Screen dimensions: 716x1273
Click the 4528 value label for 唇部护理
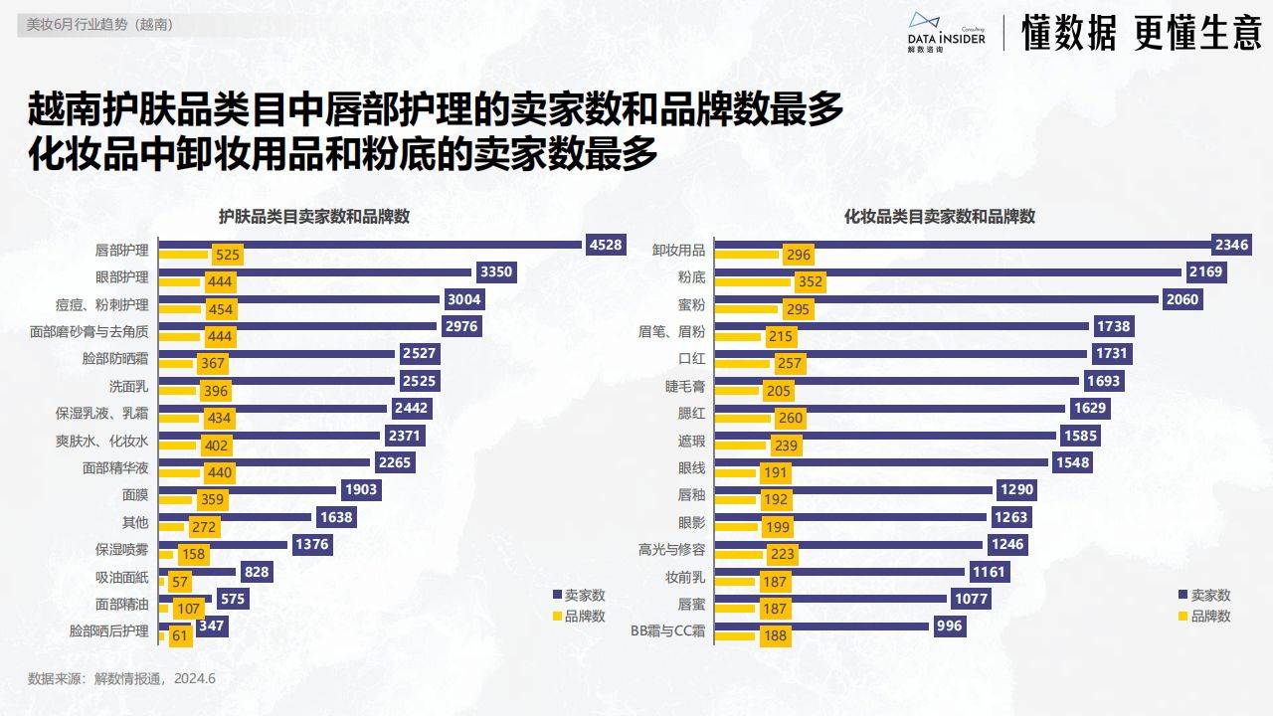[x=606, y=245]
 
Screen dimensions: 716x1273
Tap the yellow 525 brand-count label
[x=223, y=256]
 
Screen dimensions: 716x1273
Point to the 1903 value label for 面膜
[x=360, y=489]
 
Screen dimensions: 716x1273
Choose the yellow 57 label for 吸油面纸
[x=181, y=583]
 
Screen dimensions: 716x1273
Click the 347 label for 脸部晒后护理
[x=212, y=626]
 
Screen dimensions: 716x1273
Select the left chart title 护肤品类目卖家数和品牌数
[x=315, y=217]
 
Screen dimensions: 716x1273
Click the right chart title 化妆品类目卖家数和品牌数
[x=940, y=217]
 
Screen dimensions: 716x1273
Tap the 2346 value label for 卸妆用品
[x=1230, y=245]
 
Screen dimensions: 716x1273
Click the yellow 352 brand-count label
[x=811, y=282]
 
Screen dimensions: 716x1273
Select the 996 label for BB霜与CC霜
[x=950, y=626]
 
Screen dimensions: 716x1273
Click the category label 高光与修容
[x=671, y=548]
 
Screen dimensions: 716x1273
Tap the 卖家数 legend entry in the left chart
[x=579, y=595]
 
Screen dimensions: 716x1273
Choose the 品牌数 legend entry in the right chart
[x=1203, y=616]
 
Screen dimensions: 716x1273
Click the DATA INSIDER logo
[x=946, y=32]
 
